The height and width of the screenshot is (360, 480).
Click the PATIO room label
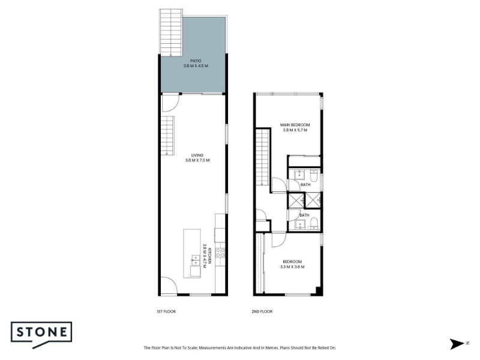tap(196, 61)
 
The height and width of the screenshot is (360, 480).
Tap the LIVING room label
tap(197, 155)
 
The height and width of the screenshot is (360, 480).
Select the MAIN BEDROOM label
tap(295, 125)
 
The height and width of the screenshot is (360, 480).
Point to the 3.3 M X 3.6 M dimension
tap(292, 267)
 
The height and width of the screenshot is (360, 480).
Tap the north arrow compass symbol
tap(457, 344)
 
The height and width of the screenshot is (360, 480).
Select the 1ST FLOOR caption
tap(166, 311)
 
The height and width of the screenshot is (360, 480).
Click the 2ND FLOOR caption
tap(262, 311)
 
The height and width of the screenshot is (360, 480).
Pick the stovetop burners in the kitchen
tap(220, 253)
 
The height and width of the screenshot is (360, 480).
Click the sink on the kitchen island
tap(196, 260)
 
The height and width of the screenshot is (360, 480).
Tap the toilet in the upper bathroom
tap(314, 176)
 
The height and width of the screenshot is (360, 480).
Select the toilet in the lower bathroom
tap(314, 224)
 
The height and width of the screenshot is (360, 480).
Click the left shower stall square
tap(296, 200)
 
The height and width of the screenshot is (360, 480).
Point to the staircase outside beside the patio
tap(171, 32)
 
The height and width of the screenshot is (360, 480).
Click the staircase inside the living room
tap(168, 136)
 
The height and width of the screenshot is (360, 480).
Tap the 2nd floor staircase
tap(262, 157)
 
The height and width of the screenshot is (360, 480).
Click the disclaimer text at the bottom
tap(239, 348)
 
